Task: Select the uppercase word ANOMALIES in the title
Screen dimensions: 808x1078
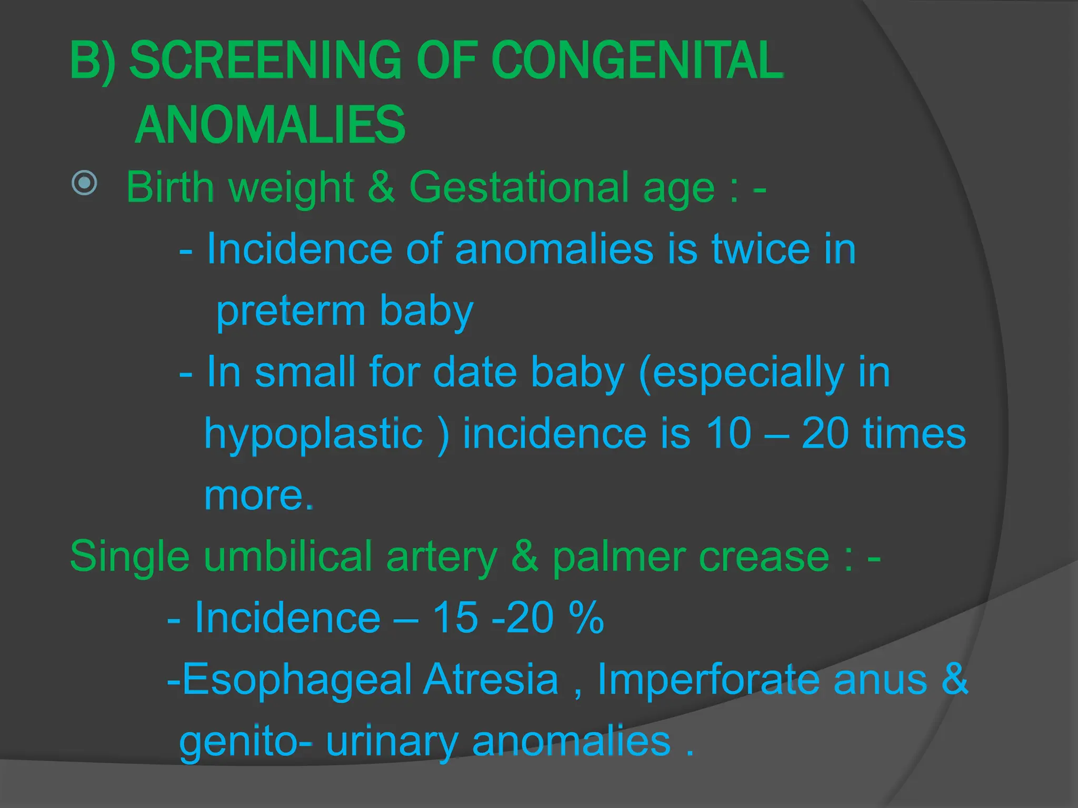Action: coord(270,125)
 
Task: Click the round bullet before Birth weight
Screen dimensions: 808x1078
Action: coord(84,183)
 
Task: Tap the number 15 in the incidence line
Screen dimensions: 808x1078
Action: coord(455,618)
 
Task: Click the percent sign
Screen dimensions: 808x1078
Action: coord(586,618)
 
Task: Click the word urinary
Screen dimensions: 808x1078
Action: coord(392,742)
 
